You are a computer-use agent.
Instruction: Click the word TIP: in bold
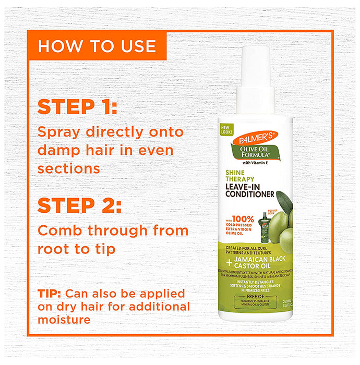click(x=51, y=293)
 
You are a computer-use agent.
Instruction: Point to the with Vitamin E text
click(x=256, y=163)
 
